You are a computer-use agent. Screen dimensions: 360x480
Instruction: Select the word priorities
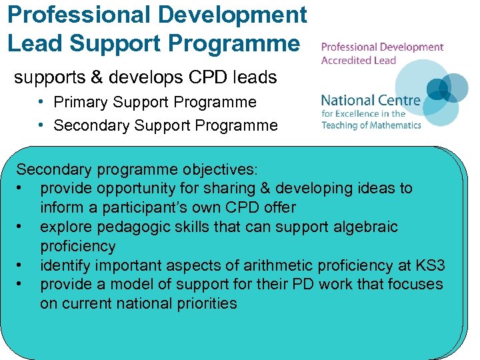[x=203, y=303]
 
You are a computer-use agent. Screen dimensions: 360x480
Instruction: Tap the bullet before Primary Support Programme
[x=41, y=102]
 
